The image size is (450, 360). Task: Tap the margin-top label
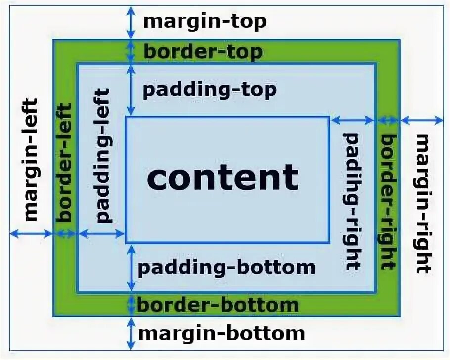pos(205,22)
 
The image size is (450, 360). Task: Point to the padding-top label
pos(209,90)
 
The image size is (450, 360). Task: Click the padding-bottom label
pos(226,268)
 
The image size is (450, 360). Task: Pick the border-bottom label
pos(218,305)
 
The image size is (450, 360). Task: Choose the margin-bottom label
pos(221,333)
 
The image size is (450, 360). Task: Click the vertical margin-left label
pos(31,159)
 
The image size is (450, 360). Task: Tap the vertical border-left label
pos(65,162)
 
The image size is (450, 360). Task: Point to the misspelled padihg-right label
pos(352,200)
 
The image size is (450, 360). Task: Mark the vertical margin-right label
pos(423,203)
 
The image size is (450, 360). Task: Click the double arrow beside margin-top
pos(131,23)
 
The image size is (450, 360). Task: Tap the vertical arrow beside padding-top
pos(131,90)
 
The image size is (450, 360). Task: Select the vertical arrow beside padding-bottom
pos(131,268)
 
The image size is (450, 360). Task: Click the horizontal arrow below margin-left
pos(31,234)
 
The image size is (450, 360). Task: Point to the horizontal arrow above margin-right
pos(421,120)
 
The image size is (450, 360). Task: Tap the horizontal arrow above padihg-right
pos(353,120)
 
